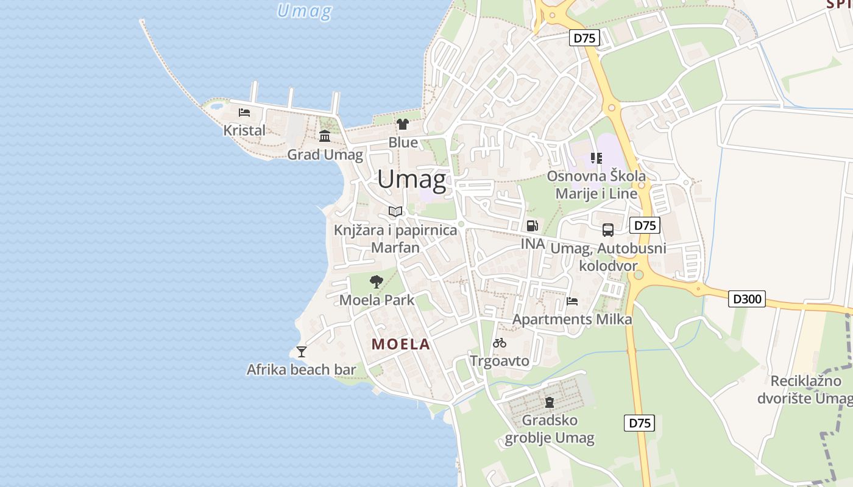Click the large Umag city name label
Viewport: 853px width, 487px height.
[411, 180]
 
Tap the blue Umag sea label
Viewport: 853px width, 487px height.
[304, 11]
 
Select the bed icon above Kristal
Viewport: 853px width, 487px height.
[244, 113]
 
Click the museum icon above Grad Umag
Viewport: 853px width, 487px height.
[325, 136]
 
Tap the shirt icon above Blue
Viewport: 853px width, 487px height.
[403, 125]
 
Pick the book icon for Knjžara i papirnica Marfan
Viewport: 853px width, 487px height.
[395, 212]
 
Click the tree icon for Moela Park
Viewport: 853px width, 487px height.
[377, 281]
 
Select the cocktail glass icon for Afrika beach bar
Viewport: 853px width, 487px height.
[301, 351]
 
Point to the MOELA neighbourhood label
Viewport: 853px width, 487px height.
[401, 345]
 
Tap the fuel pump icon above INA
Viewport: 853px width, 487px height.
[532, 226]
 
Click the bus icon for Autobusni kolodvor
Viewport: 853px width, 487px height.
[608, 230]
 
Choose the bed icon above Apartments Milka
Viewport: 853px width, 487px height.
[572, 301]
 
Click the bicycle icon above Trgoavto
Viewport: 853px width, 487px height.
[500, 343]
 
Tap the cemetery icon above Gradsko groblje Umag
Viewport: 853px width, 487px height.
[550, 402]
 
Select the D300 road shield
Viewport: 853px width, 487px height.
[747, 299]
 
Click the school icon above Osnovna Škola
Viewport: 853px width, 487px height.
[596, 158]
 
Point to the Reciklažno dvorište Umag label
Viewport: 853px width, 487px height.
[805, 390]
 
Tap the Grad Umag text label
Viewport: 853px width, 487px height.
[325, 155]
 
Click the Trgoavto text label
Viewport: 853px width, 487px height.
[500, 361]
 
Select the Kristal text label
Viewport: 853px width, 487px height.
[244, 130]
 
